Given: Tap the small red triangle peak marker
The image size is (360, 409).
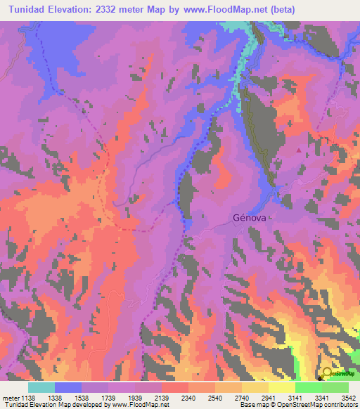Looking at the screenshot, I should [x=300, y=150].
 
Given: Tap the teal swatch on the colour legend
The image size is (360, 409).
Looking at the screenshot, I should [x=41, y=387].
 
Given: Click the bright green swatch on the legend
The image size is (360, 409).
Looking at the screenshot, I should [x=309, y=387].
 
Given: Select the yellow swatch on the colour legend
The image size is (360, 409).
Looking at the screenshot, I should [x=282, y=387].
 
